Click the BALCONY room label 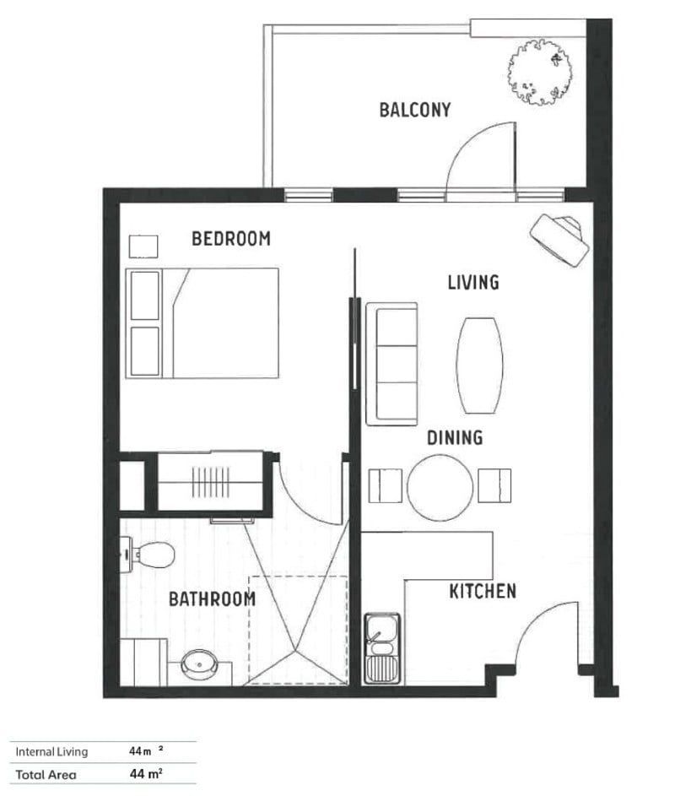414,110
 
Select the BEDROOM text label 231,239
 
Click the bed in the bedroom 202,322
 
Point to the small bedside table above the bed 143,246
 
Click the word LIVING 472,282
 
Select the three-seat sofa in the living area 392,364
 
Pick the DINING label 454,437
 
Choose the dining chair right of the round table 494,485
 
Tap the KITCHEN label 482,591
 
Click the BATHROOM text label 212,599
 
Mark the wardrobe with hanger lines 210,481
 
